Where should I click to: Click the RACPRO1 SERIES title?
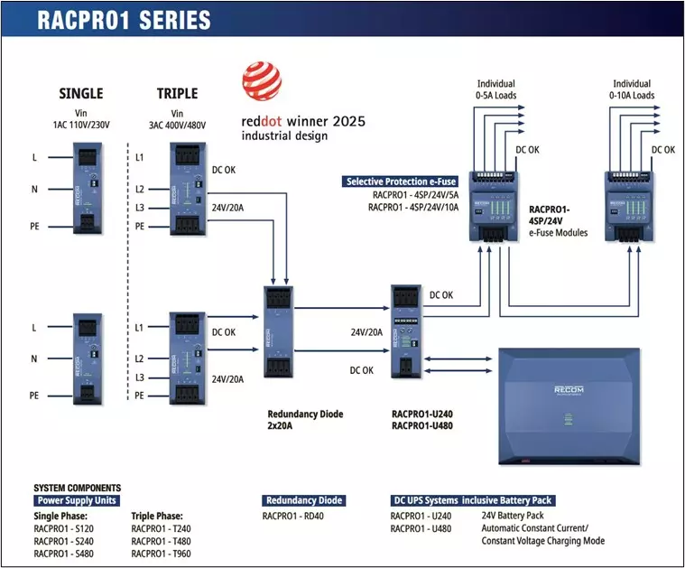125,20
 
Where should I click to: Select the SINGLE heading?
80,93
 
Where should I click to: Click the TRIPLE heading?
177,93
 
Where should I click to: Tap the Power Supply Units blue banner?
77,500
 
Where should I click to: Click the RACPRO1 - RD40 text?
295,517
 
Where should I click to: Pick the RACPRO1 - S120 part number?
63,528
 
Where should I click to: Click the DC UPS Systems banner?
472,500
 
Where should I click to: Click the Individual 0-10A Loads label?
632,90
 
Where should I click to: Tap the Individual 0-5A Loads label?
495,90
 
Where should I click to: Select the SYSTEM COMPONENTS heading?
77,488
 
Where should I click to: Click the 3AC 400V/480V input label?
177,124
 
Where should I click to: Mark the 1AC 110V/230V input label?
80,124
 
